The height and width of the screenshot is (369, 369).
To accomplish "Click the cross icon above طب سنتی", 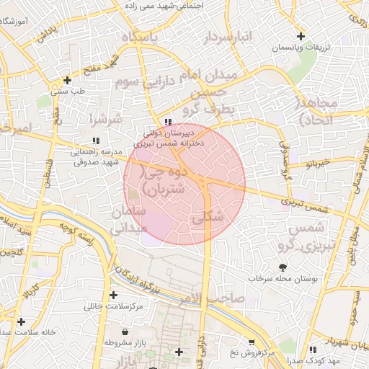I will point(67,80).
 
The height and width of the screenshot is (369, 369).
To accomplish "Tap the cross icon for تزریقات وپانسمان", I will point(301,36).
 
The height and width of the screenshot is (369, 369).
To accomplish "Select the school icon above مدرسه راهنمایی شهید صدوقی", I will point(95,141).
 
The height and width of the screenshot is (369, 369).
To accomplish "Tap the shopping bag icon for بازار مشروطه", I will point(126,332).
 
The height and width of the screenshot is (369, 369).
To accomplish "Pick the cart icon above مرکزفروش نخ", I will point(250,342).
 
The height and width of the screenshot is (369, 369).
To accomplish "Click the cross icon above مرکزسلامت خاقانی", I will point(113,295).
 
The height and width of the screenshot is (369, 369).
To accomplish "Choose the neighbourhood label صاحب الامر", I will point(213,297).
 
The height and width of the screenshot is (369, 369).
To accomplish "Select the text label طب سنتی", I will point(71,92).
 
